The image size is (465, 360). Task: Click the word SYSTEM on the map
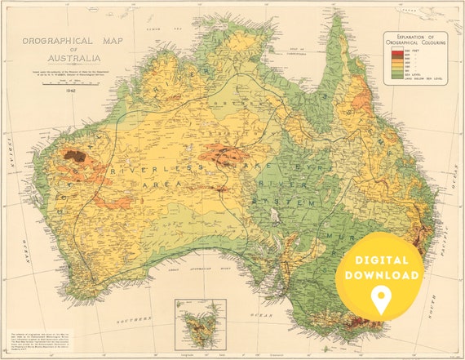click(x=277, y=199)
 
